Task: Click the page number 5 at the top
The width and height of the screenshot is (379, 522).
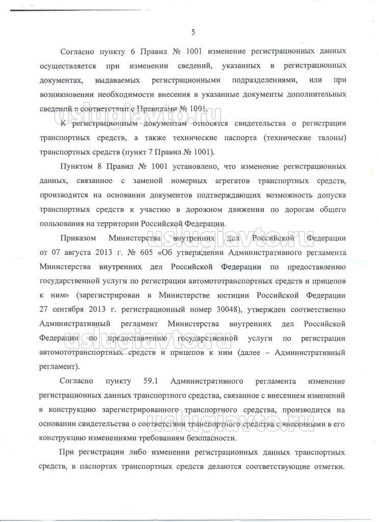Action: (x=193, y=33)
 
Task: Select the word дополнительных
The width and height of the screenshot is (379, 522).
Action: (x=312, y=95)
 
